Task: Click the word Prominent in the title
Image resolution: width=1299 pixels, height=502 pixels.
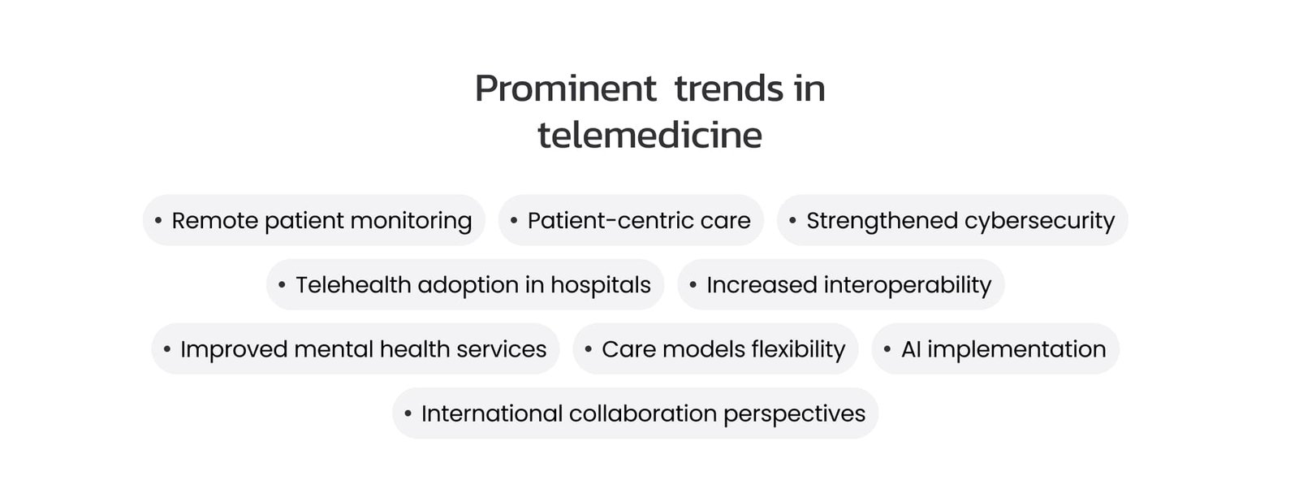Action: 565,89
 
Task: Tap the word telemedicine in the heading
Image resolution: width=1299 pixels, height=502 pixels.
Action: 649,135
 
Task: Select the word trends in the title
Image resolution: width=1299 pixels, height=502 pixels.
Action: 729,89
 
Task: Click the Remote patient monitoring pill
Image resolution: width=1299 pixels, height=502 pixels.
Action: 313,220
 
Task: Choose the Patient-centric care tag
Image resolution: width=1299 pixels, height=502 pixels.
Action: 631,220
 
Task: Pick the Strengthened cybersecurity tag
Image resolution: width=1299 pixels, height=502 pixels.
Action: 952,220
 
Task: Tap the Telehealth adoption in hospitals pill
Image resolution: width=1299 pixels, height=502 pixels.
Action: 465,284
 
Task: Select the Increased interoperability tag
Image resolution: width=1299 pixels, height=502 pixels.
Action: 841,284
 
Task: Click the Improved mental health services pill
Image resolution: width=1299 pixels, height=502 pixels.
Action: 356,348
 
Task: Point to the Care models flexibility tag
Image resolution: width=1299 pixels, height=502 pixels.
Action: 715,348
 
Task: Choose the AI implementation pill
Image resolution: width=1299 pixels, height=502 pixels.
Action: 995,348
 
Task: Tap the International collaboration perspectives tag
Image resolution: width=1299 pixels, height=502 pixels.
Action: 636,413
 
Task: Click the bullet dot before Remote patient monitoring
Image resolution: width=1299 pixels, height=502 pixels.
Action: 158,220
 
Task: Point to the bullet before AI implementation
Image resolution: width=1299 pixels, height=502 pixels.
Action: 887,349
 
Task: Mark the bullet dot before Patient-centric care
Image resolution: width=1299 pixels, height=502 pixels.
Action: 514,220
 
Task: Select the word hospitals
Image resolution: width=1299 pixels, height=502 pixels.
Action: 601,286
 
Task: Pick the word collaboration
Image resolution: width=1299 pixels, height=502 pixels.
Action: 643,413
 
